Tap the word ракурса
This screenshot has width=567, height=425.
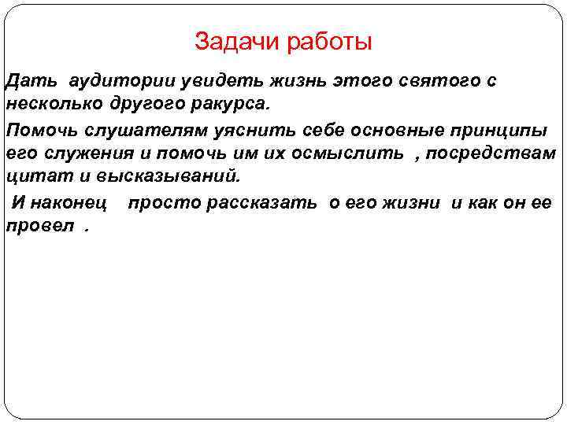click(235, 104)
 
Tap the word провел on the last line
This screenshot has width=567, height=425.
click(37, 226)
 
